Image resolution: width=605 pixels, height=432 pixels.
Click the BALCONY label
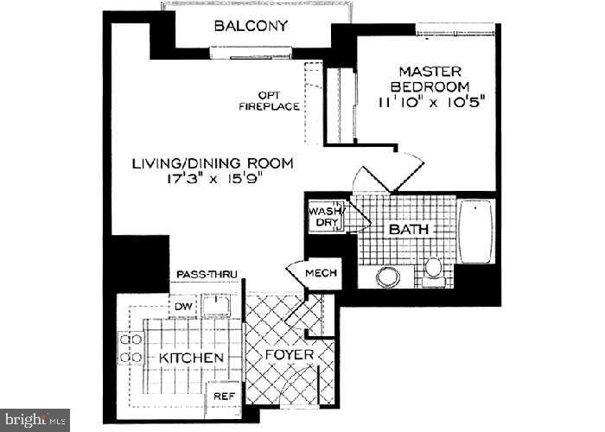click(251, 26)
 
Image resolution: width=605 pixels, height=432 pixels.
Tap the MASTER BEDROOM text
click(430, 79)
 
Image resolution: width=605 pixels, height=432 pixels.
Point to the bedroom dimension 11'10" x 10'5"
click(430, 102)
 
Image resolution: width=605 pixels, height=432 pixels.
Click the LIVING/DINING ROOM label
click(213, 162)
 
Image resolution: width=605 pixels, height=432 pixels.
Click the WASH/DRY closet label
click(328, 216)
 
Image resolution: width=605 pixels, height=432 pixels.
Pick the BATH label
click(409, 230)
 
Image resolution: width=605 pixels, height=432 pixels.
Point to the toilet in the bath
click(433, 268)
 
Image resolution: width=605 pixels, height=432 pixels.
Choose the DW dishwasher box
click(183, 305)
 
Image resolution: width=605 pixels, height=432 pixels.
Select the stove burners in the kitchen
click(131, 346)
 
